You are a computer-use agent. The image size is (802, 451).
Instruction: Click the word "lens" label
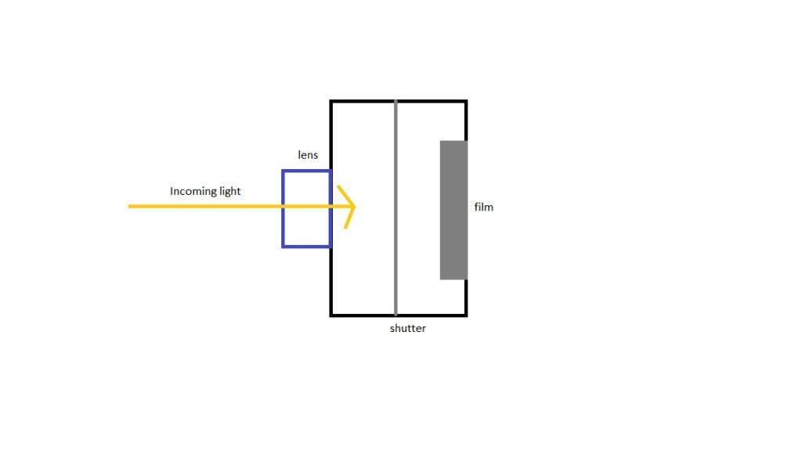308,155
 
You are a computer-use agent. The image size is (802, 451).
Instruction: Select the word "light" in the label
230,191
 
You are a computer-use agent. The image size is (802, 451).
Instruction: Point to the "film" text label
484,207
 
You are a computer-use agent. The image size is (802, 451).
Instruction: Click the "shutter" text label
408,328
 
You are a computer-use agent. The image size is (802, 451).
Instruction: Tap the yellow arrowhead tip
355,207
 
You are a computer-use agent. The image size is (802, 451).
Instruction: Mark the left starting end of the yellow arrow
130,207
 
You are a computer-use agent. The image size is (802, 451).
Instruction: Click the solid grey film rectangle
453,210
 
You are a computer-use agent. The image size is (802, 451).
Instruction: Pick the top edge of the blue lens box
306,171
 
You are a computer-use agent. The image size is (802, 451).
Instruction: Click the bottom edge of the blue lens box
306,247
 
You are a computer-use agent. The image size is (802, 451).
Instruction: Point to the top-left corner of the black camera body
331,102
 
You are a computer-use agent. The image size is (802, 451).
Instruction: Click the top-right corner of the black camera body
466,102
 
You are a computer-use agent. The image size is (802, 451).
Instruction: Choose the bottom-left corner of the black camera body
331,315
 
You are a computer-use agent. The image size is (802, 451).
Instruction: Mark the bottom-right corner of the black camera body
466,315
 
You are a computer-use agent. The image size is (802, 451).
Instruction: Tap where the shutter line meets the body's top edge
396,102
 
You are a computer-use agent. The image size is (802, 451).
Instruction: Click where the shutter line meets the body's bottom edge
396,315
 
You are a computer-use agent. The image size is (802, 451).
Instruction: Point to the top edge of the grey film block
453,142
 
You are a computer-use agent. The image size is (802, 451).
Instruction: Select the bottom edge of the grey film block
453,279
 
